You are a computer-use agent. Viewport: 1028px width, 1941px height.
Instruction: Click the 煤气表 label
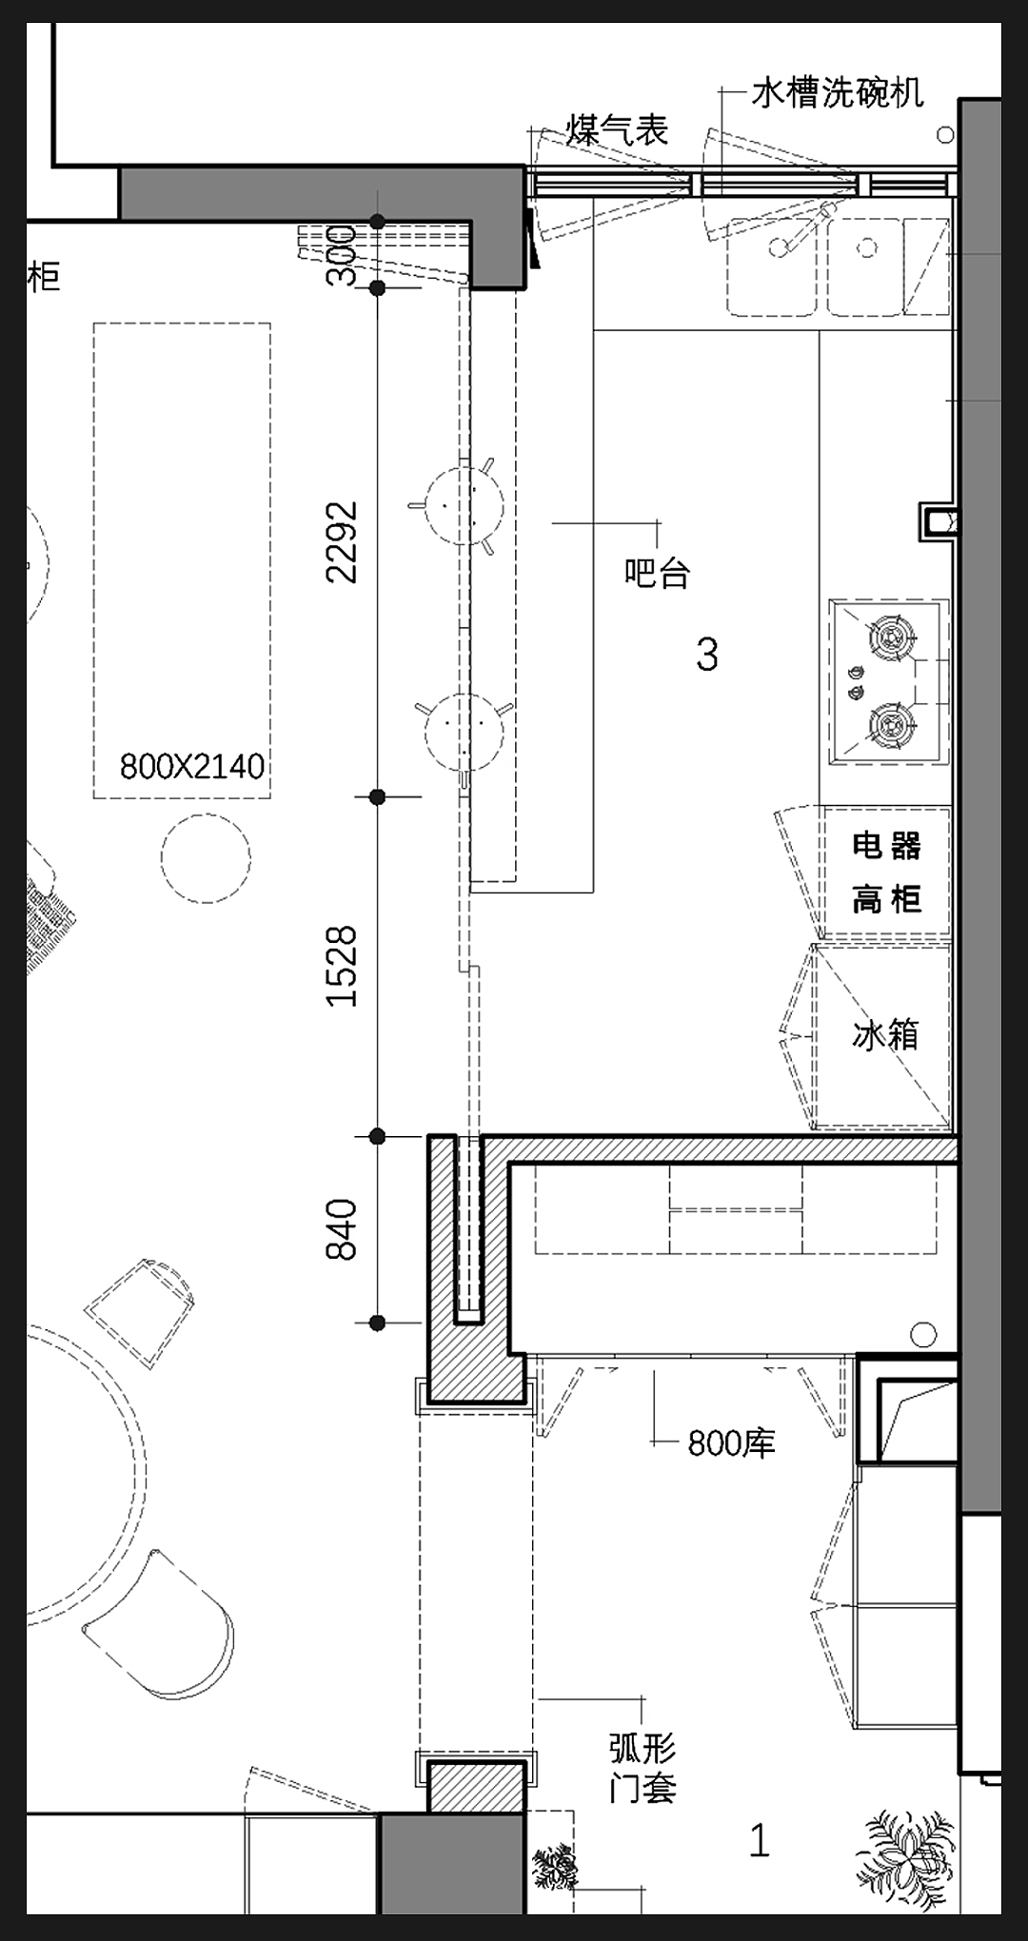coord(618,130)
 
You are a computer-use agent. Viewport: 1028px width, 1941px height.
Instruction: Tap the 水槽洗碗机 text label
coord(838,92)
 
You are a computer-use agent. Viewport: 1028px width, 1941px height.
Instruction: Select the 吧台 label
coord(657,573)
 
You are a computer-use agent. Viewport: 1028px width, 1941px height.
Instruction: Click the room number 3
coord(706,655)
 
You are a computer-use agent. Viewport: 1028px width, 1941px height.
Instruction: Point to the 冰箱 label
coord(885,1034)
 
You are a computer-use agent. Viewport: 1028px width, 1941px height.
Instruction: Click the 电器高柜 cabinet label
coord(886,872)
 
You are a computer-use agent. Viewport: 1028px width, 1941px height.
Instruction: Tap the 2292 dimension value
coord(342,541)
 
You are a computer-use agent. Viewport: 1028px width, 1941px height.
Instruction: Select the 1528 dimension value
coord(342,966)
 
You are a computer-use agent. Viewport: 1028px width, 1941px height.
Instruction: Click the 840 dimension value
coord(342,1229)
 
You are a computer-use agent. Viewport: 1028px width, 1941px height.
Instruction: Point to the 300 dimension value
coord(342,255)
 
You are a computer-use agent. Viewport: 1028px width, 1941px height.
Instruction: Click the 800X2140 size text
coord(192,766)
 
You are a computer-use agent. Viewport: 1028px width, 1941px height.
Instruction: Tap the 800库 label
coord(731,1443)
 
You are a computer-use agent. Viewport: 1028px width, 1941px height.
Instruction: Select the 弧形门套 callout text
coord(642,1768)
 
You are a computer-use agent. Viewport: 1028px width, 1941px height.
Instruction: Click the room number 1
coord(759,1841)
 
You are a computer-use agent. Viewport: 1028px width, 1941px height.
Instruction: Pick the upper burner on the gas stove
coord(892,634)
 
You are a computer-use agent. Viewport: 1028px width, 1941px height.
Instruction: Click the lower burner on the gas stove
coord(892,726)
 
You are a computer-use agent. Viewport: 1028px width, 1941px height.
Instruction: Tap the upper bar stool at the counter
coord(464,503)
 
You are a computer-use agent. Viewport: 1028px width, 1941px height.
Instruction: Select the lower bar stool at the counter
coord(465,731)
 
